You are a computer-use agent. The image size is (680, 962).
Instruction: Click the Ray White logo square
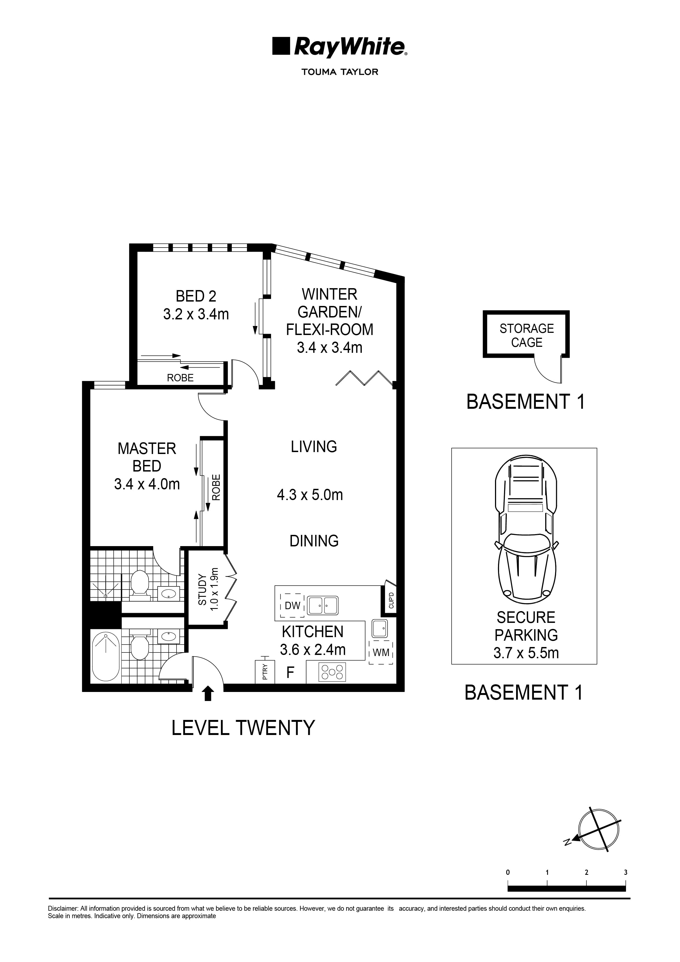[281, 46]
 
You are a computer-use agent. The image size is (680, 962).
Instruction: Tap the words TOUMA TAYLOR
[340, 72]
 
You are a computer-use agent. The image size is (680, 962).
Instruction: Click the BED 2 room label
[196, 296]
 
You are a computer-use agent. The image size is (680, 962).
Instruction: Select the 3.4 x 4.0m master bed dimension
[147, 484]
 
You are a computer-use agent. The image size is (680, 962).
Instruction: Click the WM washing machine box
[381, 652]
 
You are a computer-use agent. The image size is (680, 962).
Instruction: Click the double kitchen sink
[323, 605]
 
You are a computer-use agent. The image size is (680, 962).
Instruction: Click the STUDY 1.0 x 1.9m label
[208, 589]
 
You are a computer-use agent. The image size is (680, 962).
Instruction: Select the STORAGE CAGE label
[527, 335]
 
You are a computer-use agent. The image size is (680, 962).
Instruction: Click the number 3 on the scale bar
[625, 872]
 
